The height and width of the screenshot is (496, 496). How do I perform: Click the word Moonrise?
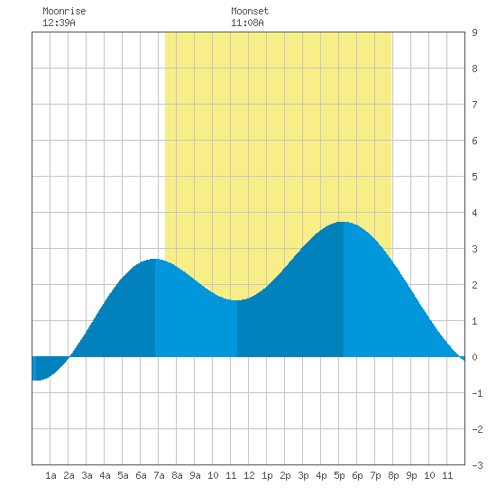pyautogui.click(x=64, y=11)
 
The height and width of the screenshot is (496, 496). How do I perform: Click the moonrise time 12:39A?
pyautogui.click(x=59, y=23)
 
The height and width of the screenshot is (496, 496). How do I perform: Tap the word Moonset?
pyautogui.click(x=250, y=11)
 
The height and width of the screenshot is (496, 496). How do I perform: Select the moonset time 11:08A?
pyautogui.click(x=247, y=23)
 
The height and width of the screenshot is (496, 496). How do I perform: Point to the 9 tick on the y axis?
pyautogui.click(x=474, y=32)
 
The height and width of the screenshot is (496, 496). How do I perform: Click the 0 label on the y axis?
pyautogui.click(x=474, y=357)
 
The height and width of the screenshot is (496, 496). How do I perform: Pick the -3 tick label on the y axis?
pyautogui.click(x=477, y=465)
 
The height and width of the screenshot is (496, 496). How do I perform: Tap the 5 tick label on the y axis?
pyautogui.click(x=474, y=177)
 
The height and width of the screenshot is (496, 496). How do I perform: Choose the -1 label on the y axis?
pyautogui.click(x=477, y=393)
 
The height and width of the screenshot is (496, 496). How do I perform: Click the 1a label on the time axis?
pyautogui.click(x=51, y=475)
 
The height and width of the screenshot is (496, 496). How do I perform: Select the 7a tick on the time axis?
pyautogui.click(x=159, y=475)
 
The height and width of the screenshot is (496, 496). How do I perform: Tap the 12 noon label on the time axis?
pyautogui.click(x=249, y=475)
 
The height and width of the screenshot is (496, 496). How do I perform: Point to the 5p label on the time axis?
pyautogui.click(x=339, y=475)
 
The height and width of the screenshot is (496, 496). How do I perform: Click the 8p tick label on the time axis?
pyautogui.click(x=393, y=475)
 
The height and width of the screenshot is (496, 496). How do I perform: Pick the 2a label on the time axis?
pyautogui.click(x=69, y=475)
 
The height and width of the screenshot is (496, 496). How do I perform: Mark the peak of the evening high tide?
pyautogui.click(x=344, y=222)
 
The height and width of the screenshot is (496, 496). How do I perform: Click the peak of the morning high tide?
pyautogui.click(x=155, y=259)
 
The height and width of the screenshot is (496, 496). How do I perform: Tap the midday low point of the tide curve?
pyautogui.click(x=236, y=300)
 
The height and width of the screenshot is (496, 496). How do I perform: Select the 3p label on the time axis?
pyautogui.click(x=303, y=475)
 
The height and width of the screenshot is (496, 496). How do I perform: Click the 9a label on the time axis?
pyautogui.click(x=195, y=475)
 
